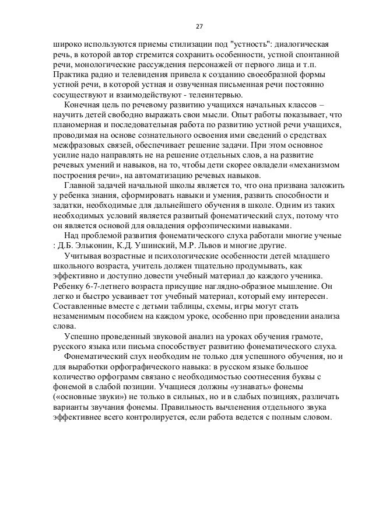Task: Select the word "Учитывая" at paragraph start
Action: coord(86,255)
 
